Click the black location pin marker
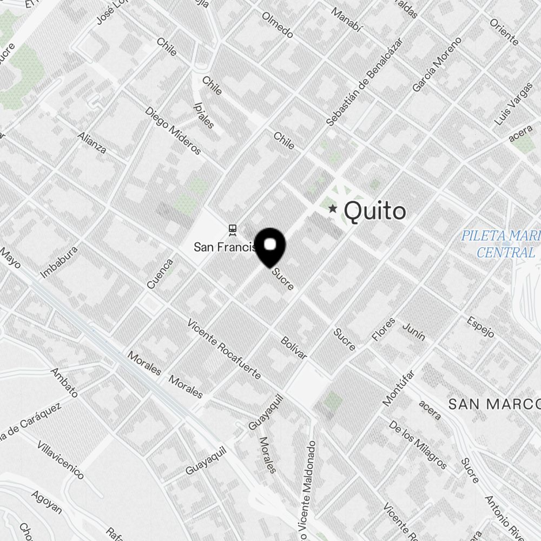270,247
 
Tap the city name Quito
374,211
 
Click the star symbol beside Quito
332,209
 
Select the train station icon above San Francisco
233,230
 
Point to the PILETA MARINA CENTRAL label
500,244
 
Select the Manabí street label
346,21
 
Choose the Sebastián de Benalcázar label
365,81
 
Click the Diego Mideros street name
173,130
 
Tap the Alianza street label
92,142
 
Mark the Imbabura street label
60,263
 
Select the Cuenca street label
160,273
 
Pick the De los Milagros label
418,445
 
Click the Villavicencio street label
60,460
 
